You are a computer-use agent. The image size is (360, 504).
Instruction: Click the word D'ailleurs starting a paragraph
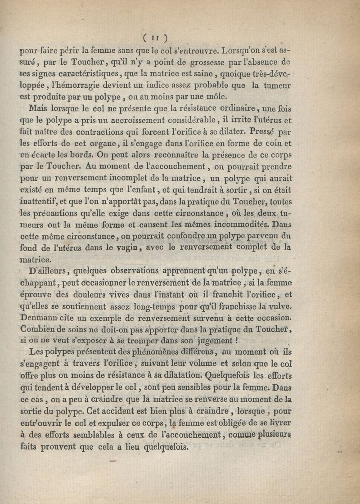(x=48, y=271)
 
